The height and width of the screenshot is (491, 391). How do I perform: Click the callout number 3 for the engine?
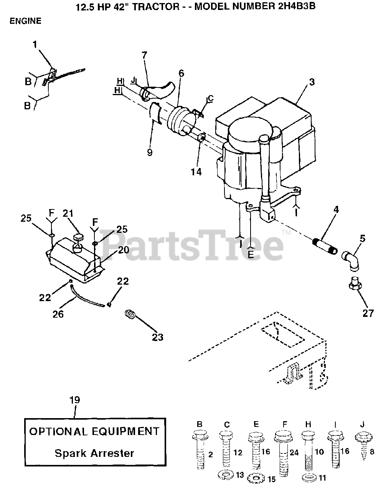click(x=312, y=82)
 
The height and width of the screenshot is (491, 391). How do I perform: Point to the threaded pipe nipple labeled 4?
click(x=325, y=246)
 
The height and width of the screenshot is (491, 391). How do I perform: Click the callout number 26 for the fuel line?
click(x=58, y=314)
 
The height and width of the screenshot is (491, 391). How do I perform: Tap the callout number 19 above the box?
click(x=74, y=400)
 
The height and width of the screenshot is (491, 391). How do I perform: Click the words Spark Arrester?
click(x=94, y=453)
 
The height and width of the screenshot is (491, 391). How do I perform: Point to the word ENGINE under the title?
click(x=25, y=21)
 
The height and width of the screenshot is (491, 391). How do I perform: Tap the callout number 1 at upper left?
click(x=35, y=44)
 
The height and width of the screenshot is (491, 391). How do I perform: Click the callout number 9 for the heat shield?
click(x=149, y=152)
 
